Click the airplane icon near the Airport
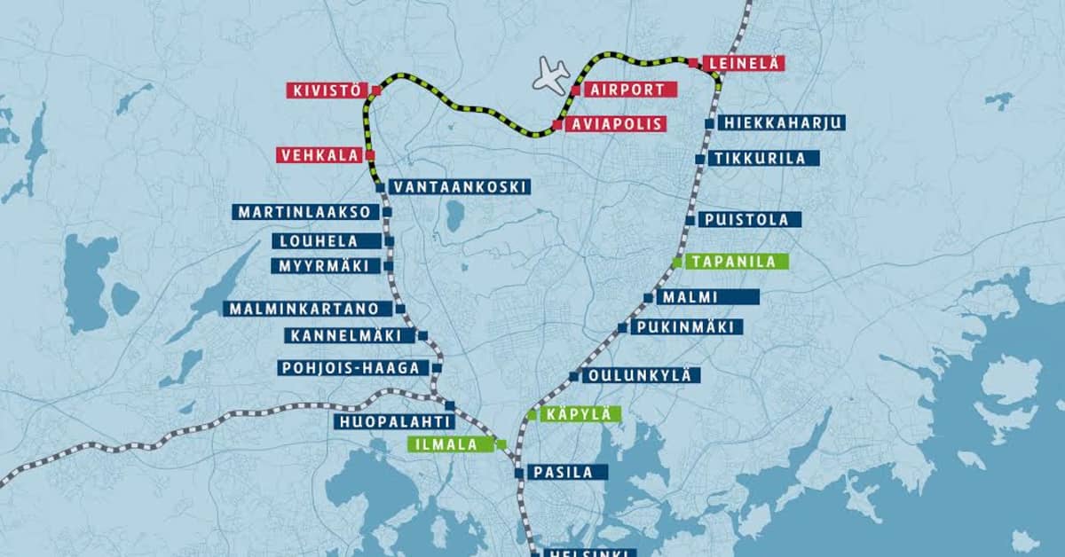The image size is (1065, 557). pos(552,75)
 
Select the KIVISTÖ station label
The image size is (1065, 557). pos(326,90)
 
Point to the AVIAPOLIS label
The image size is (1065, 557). pos(616,123)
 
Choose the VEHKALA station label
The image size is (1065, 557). pos(319,154)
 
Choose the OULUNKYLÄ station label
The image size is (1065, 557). pos(640,375)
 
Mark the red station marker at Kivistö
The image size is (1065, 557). pos(376,90)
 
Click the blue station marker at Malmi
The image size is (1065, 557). pos(648,298)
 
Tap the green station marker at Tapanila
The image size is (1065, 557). pos(677,262)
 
